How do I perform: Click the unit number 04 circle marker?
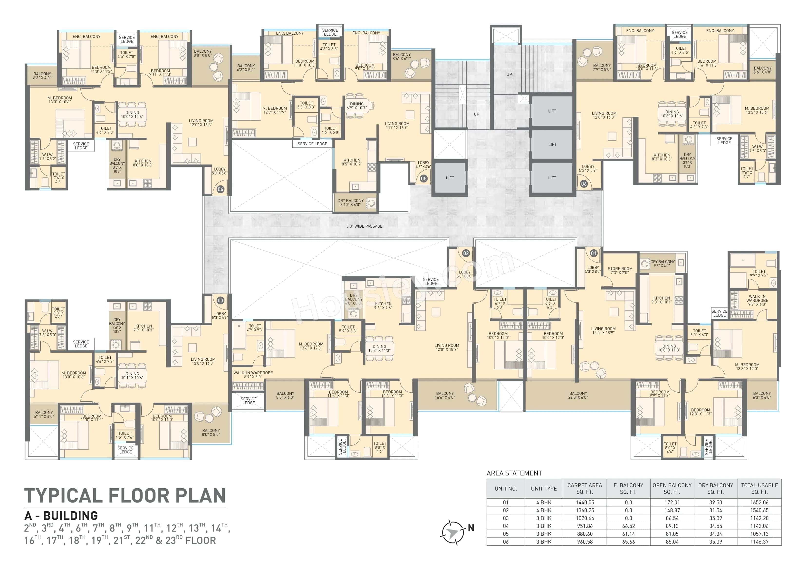tap(220, 189)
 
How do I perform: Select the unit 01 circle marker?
tap(594, 253)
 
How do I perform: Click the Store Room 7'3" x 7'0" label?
tap(620, 271)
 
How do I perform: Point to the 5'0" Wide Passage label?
tap(365, 226)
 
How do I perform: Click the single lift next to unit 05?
tap(450, 178)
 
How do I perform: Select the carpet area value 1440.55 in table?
tap(585, 502)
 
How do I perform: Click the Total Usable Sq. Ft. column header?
tap(759, 489)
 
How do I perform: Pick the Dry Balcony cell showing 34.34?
tap(715, 534)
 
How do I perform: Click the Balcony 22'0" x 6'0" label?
tap(578, 396)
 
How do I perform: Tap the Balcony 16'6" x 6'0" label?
tap(445, 396)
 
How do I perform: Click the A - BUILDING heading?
tap(61, 516)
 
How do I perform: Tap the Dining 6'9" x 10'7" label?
tap(357, 106)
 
